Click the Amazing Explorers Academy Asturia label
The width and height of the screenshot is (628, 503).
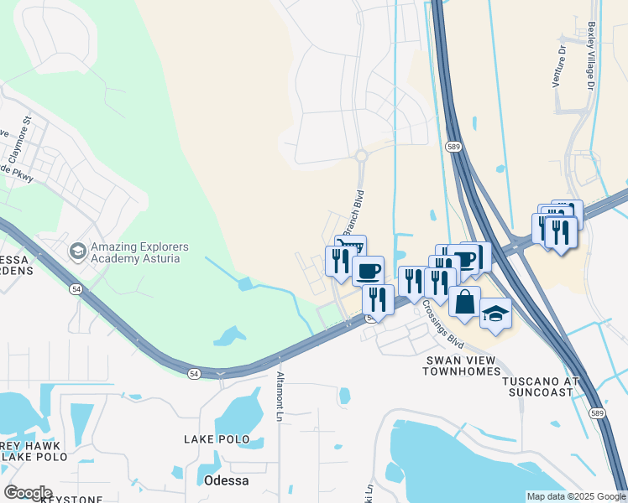[139, 252]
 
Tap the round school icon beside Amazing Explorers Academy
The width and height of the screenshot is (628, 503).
[77, 251]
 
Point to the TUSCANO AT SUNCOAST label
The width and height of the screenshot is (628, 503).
[541, 386]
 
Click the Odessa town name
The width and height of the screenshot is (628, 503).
[226, 480]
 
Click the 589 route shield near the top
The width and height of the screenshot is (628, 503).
[454, 146]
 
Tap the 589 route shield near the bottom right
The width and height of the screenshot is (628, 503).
[595, 413]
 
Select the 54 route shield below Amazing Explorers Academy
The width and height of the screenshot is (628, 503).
[76, 288]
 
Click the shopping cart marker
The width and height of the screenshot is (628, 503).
[350, 246]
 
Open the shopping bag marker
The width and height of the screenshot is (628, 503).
[464, 301]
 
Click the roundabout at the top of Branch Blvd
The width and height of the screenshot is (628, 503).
[362, 155]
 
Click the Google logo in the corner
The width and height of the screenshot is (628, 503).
[28, 492]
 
